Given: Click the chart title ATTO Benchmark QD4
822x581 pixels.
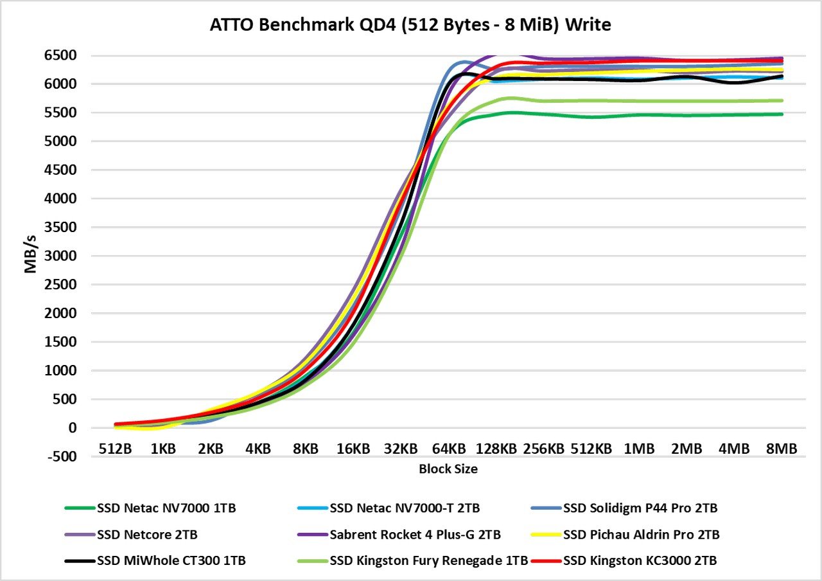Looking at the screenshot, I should [411, 26].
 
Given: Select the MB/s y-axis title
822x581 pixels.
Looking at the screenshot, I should [31, 256].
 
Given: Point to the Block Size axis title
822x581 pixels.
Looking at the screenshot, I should [448, 469].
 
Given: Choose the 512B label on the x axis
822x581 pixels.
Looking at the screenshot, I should [116, 449].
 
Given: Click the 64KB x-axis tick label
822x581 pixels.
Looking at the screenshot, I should [448, 449].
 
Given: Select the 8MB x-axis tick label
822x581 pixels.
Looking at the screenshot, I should [781, 449].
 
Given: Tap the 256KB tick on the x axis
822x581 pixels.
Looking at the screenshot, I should [543, 449].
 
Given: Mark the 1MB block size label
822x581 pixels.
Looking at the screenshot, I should [638, 449].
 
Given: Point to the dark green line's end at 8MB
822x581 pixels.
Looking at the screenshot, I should [781, 114].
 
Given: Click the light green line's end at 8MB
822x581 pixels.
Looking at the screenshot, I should [781, 100].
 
